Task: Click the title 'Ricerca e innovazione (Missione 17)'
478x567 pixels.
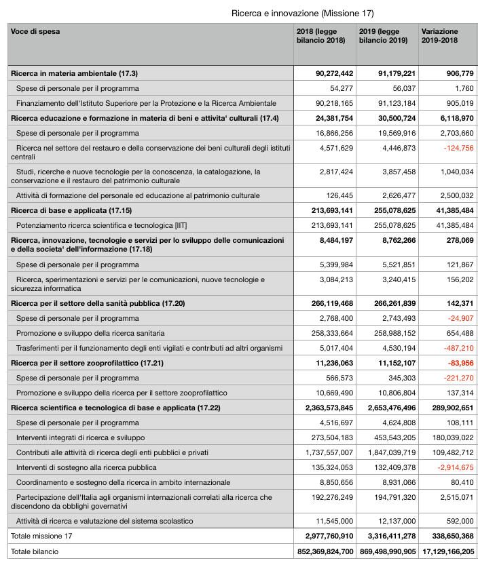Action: (302, 13)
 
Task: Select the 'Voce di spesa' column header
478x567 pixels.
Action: (35, 32)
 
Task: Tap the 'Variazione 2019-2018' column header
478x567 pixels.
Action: (439, 36)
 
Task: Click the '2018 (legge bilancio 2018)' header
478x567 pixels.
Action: (321, 36)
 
